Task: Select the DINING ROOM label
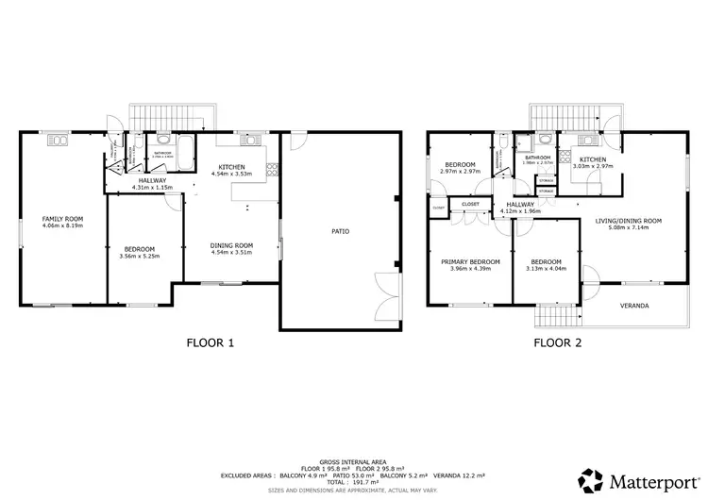pos(231,245)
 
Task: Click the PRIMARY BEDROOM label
pos(470,261)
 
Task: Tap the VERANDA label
pos(632,306)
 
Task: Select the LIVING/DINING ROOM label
pos(628,221)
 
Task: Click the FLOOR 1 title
pos(211,343)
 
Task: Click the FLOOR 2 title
pos(557,343)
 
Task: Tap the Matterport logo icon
pos(592,478)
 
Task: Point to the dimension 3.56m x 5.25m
pos(139,256)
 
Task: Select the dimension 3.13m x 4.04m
pos(546,269)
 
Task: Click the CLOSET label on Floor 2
pos(469,204)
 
